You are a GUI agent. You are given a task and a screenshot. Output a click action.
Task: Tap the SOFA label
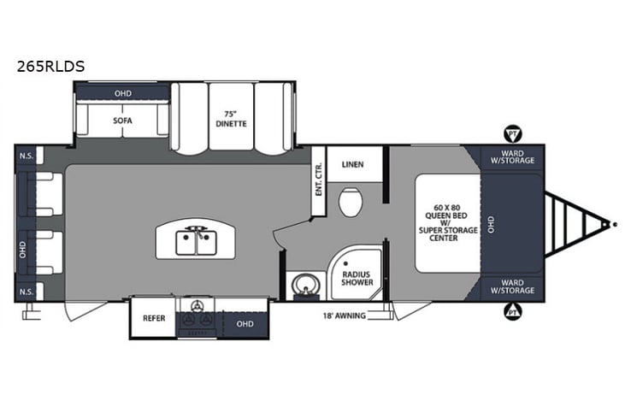pos(122,121)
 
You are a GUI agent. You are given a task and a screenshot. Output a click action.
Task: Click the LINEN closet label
pos(352,164)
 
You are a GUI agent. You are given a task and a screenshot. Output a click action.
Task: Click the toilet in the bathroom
pos(350,203)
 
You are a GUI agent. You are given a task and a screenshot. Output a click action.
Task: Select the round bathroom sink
pos(302,284)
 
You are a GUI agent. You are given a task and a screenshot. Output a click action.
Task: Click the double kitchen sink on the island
pos(198,243)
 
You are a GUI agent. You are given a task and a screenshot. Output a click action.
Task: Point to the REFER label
pos(153,317)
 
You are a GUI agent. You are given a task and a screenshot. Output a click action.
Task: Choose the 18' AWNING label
pos(342,316)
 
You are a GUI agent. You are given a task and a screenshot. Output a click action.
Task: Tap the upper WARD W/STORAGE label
pos(512,156)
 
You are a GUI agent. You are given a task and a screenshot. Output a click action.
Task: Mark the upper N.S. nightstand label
pos(27,156)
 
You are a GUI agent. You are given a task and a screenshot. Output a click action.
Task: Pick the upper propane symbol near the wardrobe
pos(512,134)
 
